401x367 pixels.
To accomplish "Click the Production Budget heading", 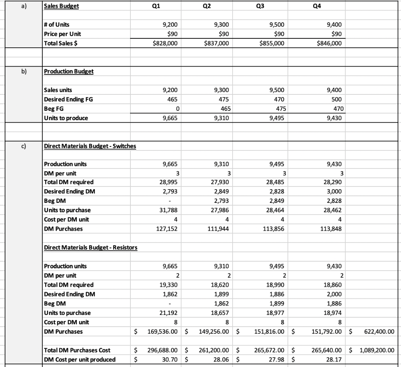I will click(69, 71).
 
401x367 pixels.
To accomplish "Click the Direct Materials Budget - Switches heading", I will click(90, 146).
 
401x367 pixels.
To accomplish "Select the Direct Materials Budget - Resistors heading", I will click(90, 248).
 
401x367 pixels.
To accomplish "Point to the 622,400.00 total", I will click(377, 331).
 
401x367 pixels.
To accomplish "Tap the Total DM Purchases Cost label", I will click(77, 350).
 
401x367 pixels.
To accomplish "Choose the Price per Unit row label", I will click(63, 34).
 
